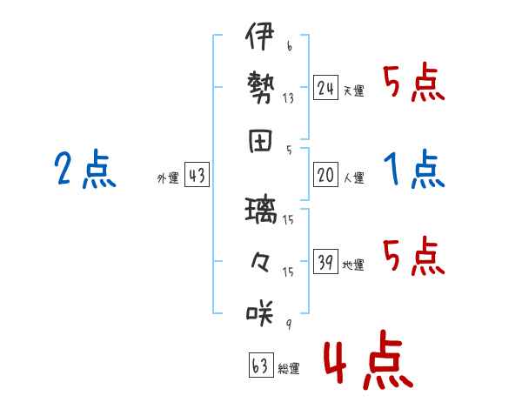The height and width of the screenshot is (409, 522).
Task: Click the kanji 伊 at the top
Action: click(260, 36)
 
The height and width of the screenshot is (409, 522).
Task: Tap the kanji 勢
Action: click(261, 87)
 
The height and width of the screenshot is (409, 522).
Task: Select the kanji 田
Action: click(260, 141)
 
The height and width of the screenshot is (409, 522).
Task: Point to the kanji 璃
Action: click(261, 211)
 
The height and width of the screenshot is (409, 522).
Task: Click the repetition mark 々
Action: click(260, 262)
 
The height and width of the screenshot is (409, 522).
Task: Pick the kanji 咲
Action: click(260, 312)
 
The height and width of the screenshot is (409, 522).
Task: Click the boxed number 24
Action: click(325, 88)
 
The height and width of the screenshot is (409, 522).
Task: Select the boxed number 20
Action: click(325, 175)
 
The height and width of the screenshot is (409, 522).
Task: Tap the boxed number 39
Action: click(325, 261)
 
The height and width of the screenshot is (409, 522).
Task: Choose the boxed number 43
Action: click(197, 175)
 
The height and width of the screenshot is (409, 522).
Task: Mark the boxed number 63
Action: click(261, 365)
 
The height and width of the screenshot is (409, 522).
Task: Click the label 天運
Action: click(354, 91)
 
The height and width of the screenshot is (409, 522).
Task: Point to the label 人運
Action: click(354, 178)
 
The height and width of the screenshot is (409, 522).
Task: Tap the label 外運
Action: click(168, 178)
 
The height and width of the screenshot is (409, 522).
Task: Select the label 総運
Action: click(289, 368)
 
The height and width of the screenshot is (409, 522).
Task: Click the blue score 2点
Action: click(85, 169)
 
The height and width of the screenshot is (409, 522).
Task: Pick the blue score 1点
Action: click(414, 169)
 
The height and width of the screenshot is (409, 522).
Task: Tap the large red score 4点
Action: click(368, 359)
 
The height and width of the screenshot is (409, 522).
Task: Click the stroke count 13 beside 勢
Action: click(288, 98)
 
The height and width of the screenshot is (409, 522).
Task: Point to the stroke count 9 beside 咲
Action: click(289, 324)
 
